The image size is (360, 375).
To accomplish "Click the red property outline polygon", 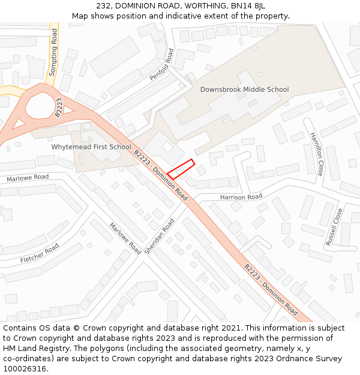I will [181, 169].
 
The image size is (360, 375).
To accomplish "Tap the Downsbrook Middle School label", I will [244, 89].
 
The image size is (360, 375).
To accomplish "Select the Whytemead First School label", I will [91, 147].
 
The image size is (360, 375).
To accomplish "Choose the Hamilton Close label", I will [316, 155].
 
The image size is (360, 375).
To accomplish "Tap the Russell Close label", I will [334, 227].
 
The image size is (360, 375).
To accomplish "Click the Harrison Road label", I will [241, 197].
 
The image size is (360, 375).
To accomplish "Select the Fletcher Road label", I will [40, 253].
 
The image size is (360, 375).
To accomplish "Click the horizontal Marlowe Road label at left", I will [28, 178].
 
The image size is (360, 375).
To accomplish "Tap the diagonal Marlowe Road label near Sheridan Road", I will [125, 238].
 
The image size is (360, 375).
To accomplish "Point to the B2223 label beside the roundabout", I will [59, 107].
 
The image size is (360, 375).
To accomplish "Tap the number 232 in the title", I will [103, 5].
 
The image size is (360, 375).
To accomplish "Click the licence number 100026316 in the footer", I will [25, 368].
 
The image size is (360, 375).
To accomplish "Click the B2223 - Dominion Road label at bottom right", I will [271, 289].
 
